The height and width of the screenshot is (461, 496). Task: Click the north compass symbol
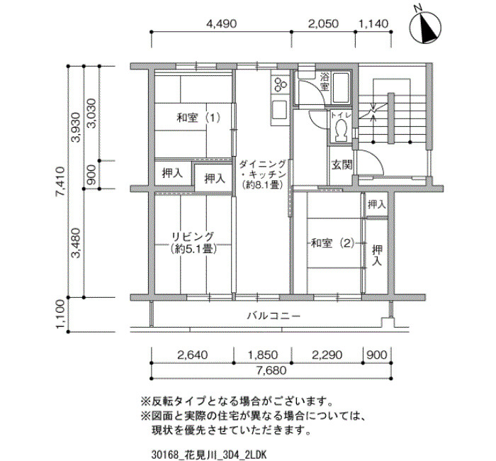[x=425, y=28]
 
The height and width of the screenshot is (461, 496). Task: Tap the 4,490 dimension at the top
[x=221, y=23]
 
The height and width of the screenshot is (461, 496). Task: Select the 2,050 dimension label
[x=323, y=23]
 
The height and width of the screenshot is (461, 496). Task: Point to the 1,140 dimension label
[x=373, y=23]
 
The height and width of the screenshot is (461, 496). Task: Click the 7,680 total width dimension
[x=271, y=370]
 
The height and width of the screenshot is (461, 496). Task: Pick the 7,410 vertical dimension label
[x=60, y=182]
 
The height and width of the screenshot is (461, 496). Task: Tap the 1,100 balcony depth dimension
[x=60, y=314]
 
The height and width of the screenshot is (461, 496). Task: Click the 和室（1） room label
[x=198, y=118]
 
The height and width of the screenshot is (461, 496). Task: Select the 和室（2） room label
[x=332, y=243]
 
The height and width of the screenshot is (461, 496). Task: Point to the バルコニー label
[x=274, y=316]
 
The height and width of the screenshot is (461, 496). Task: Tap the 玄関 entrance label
[x=342, y=165]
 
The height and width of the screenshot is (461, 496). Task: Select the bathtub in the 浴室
[x=341, y=88]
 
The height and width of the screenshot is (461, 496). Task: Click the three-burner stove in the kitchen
[x=280, y=84]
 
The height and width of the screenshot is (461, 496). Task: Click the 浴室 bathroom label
[x=325, y=82]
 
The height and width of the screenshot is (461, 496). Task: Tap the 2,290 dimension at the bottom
[x=327, y=355]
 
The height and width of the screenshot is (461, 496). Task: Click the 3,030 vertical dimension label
[x=91, y=113]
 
